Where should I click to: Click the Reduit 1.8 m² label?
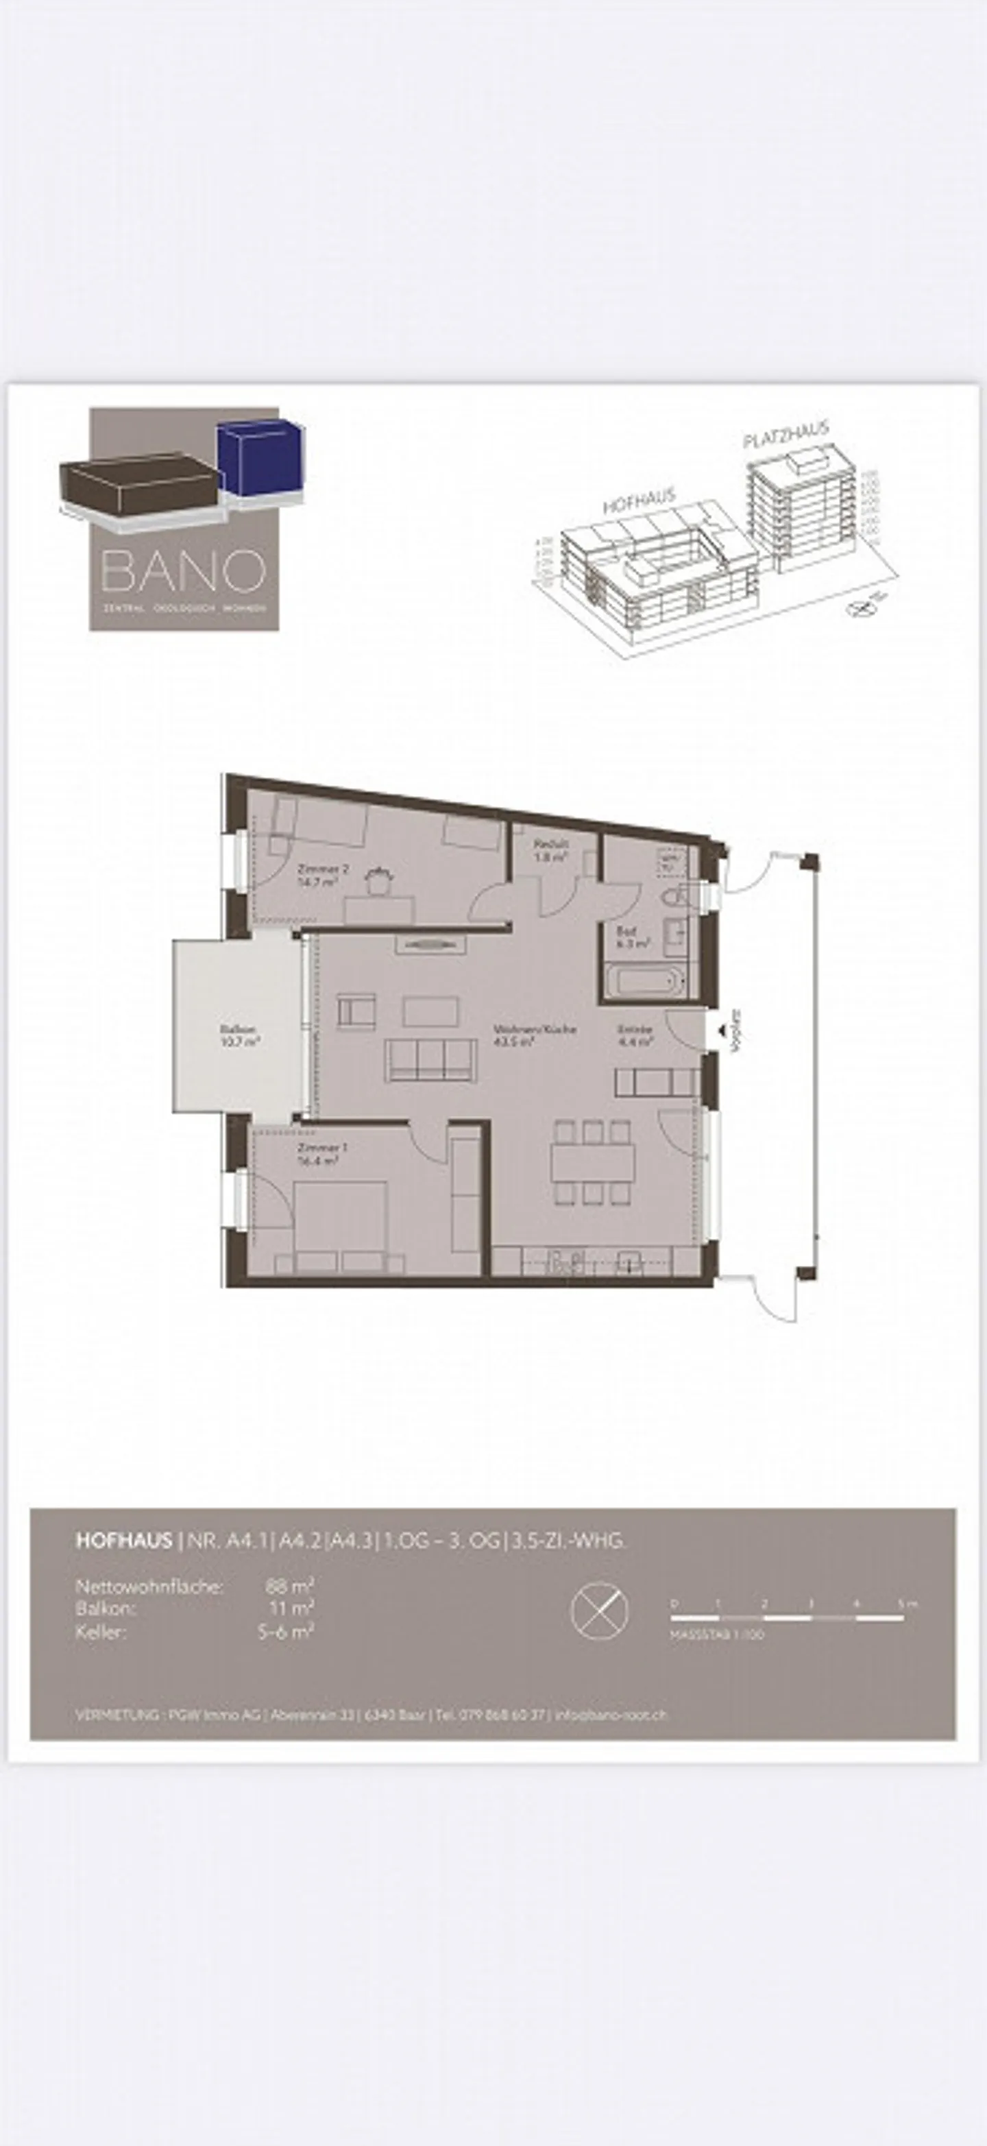pyautogui.click(x=550, y=849)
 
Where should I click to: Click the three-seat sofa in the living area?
pyautogui.click(x=430, y=1060)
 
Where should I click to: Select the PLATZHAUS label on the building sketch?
pyautogui.click(x=785, y=435)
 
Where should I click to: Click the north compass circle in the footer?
pyautogui.click(x=599, y=1610)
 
